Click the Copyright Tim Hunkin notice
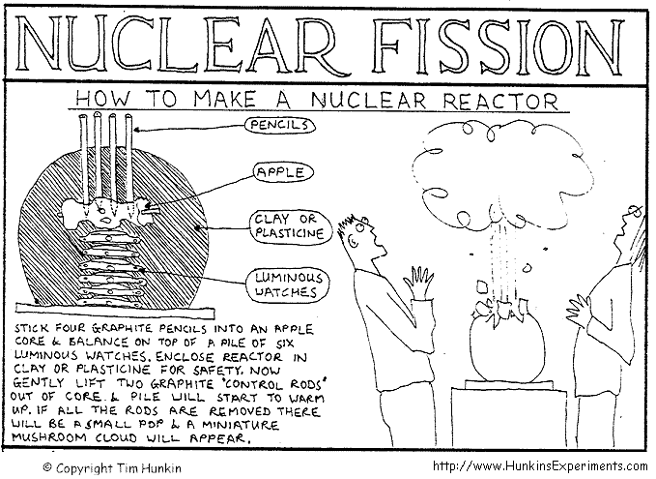click(112, 467)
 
